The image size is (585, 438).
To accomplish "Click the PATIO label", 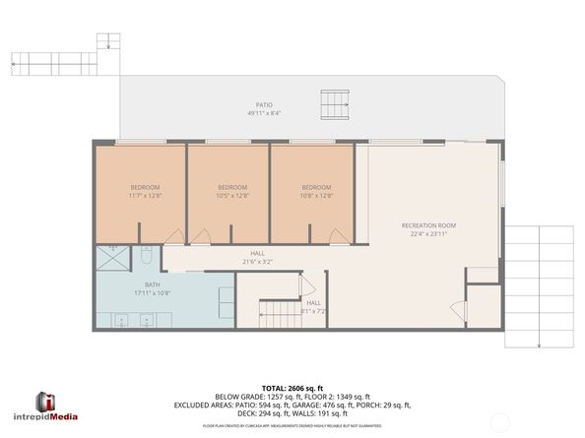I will click(x=264, y=104).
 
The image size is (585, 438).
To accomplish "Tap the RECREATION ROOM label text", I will click(x=428, y=225).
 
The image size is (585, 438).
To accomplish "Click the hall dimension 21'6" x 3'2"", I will click(x=257, y=262).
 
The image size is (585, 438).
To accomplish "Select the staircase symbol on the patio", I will click(x=335, y=102).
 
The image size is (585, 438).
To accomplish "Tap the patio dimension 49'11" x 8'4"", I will click(x=264, y=113).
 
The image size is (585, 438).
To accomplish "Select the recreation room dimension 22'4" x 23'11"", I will click(x=428, y=234).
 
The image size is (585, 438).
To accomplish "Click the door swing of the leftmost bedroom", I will click(x=174, y=237).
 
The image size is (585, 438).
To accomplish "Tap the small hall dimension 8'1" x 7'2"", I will click(x=313, y=311).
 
